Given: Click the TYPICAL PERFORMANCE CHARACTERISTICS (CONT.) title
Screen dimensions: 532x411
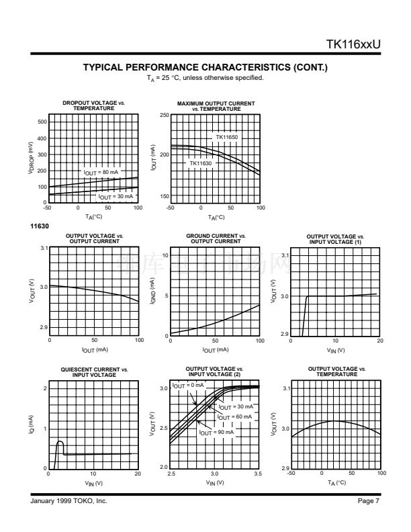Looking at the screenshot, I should (x=205, y=68).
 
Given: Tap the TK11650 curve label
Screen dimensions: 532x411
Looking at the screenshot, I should (x=227, y=136).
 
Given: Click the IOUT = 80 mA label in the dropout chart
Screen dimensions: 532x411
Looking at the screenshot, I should (x=101, y=173).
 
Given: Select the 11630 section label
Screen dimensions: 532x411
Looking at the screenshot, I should (x=38, y=226).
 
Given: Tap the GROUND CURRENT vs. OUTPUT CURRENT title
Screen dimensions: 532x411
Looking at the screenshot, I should (x=215, y=238).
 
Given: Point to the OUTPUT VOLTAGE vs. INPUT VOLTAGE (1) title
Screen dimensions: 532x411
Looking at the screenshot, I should (x=334, y=238).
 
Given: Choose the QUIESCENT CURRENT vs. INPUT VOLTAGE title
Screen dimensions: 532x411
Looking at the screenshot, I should (x=94, y=371).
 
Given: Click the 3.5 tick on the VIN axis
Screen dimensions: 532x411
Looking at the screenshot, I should (x=259, y=474).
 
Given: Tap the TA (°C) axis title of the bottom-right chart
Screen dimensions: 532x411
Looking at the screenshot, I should (x=335, y=483).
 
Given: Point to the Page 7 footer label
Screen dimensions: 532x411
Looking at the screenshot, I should (x=369, y=501).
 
